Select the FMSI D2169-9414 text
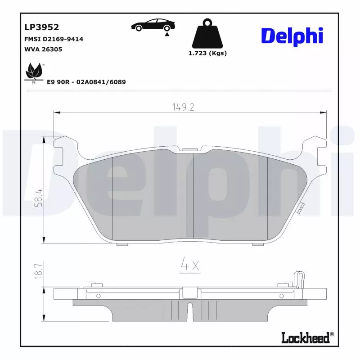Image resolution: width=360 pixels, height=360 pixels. (x=53, y=39)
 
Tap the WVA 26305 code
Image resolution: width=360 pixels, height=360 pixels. (x=43, y=49)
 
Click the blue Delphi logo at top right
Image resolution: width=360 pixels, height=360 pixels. (x=292, y=36)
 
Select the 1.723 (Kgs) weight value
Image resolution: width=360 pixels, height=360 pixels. (x=207, y=53)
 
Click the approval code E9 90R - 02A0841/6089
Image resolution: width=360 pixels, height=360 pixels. (x=86, y=82)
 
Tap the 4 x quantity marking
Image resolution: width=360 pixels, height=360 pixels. (x=189, y=265)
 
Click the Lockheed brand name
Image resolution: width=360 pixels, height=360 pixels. (x=306, y=338)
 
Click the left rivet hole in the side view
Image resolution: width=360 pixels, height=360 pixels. (x=99, y=296)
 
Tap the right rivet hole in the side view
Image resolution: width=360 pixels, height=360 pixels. (x=282, y=296)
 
